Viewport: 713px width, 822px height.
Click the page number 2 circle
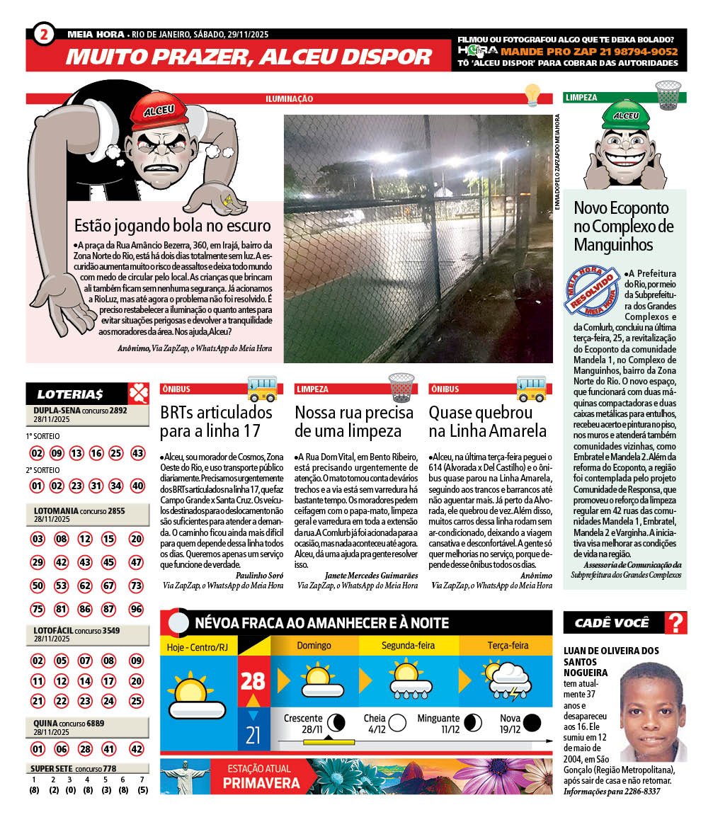point(43,35)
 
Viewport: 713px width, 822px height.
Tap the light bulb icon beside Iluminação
point(532,95)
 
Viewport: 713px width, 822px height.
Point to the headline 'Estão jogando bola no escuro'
point(173,226)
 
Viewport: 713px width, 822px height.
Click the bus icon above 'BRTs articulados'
point(261,387)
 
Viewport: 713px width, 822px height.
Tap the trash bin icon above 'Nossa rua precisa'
point(401,387)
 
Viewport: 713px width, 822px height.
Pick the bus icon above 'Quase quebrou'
point(530,387)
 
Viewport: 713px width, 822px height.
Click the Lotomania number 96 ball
point(137,609)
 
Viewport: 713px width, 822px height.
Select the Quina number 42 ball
point(137,749)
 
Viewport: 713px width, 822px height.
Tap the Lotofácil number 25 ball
point(137,701)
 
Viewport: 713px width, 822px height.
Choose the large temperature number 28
point(253,681)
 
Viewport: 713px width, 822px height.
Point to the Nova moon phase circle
point(532,723)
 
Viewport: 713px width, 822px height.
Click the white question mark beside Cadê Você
point(677,623)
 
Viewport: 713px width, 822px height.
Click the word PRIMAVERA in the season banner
point(261,783)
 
